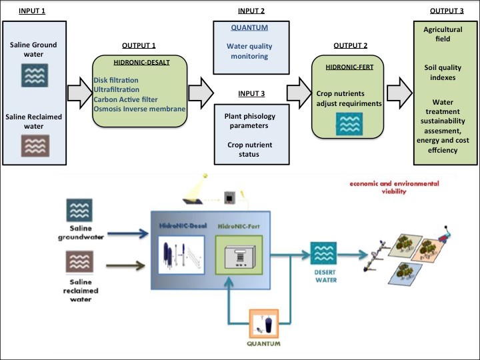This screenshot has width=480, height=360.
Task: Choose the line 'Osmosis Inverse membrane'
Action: tap(139, 109)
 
